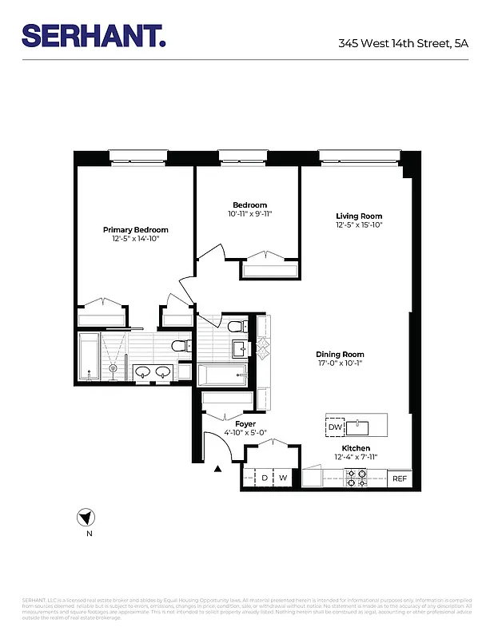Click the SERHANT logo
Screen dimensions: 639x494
(x=94, y=36)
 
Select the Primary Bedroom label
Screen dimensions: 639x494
(x=135, y=230)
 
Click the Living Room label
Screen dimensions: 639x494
(x=359, y=216)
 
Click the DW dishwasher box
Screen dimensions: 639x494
(x=335, y=427)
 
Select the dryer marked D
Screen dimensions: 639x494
(x=265, y=478)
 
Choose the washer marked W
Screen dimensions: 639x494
(x=283, y=478)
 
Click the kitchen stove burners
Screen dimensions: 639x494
(x=356, y=478)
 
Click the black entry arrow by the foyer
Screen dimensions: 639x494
(x=217, y=469)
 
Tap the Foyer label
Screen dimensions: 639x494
(x=245, y=423)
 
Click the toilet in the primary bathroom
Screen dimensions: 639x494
(x=182, y=346)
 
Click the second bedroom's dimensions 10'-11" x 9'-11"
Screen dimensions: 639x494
(x=250, y=214)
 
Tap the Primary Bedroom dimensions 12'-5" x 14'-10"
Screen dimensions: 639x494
(x=135, y=239)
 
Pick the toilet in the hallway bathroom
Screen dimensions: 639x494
(x=236, y=327)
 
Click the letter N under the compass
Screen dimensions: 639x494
(x=90, y=533)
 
